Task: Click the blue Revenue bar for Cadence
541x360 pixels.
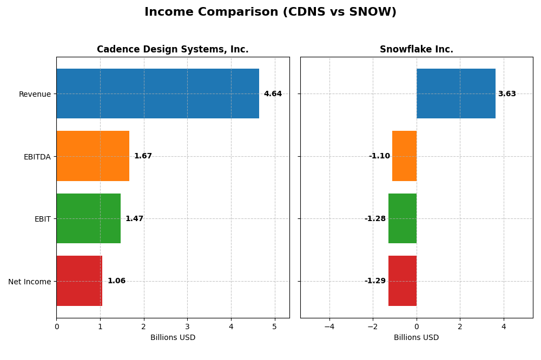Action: click(157, 94)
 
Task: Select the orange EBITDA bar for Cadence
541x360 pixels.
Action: click(93, 156)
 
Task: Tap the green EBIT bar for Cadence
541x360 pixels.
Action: click(88, 218)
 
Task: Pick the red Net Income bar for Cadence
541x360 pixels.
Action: click(79, 281)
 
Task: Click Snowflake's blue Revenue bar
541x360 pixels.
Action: click(456, 94)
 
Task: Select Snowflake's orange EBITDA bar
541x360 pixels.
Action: click(404, 156)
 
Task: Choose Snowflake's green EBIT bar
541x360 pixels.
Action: click(403, 218)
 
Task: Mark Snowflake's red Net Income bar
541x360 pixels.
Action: click(403, 281)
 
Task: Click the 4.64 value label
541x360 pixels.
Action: click(273, 94)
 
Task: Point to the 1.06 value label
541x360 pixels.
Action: click(116, 281)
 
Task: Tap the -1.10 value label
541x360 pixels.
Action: click(379, 156)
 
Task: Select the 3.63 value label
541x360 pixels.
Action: click(507, 94)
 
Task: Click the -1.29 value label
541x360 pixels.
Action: click(375, 281)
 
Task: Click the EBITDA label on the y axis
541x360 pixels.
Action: click(37, 157)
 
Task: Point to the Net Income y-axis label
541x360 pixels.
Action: click(29, 282)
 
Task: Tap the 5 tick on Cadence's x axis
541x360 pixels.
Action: click(275, 326)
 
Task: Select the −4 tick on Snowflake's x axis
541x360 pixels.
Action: click(329, 326)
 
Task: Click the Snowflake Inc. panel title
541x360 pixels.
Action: click(416, 50)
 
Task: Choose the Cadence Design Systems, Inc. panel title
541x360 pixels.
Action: click(173, 50)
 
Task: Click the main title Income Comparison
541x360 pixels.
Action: click(270, 12)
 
